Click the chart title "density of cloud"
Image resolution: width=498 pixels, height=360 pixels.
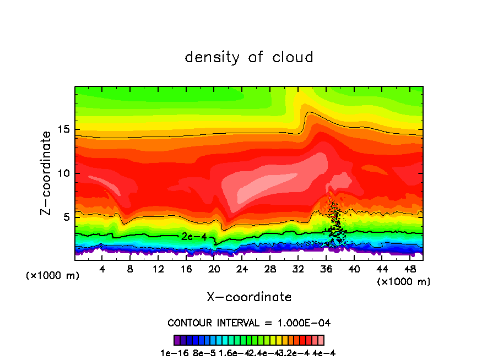(249, 57)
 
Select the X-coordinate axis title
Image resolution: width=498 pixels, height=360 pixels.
(249, 297)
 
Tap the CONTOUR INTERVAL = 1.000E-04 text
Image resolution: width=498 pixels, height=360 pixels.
(249, 323)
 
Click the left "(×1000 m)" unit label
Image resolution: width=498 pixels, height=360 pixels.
(53, 276)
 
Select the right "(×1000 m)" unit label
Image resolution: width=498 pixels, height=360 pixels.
(404, 281)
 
